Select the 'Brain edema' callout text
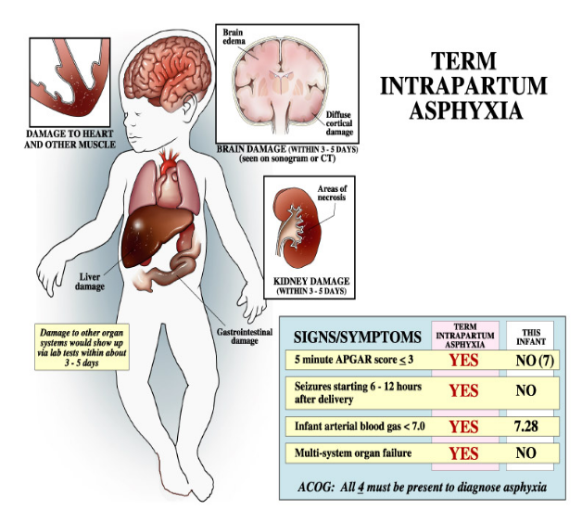point(234,38)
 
